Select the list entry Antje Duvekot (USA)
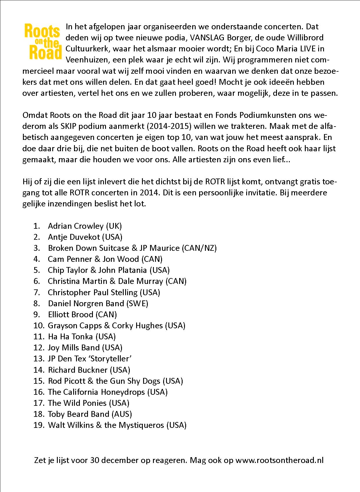click(x=85, y=237)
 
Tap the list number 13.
click(x=38, y=359)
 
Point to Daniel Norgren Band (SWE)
click(x=98, y=304)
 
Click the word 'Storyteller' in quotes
click(x=110, y=359)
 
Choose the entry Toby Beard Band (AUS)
click(x=90, y=414)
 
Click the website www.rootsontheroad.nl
click(x=279, y=460)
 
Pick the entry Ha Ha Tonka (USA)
click(x=82, y=337)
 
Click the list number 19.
click(x=38, y=425)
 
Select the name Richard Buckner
click(x=78, y=370)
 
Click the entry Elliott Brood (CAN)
click(x=82, y=315)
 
